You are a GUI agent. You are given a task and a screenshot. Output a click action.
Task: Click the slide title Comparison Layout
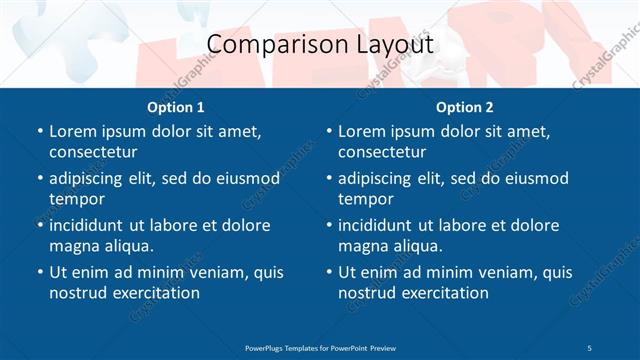pyautogui.click(x=320, y=45)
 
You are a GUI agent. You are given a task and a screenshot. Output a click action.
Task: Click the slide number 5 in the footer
pyautogui.click(x=590, y=347)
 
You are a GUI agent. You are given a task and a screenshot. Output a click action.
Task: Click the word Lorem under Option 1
pyautogui.click(x=72, y=131)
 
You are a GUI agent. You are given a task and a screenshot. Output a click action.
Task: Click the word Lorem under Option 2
pyautogui.click(x=361, y=131)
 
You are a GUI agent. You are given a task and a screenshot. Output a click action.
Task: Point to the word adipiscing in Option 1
pyautogui.click(x=90, y=178)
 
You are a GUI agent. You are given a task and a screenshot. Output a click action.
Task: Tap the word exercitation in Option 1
pyautogui.click(x=154, y=293)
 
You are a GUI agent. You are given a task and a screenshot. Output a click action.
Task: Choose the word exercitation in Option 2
pyautogui.click(x=443, y=293)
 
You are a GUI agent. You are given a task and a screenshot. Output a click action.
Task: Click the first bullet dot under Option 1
pyautogui.click(x=39, y=132)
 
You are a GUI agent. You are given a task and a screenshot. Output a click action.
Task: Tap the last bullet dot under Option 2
pyautogui.click(x=329, y=273)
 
